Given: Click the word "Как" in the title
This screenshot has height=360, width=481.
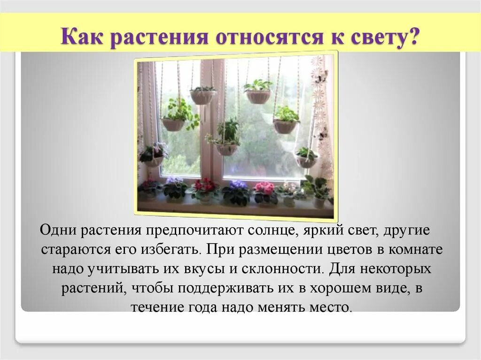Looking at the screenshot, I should pyautogui.click(x=83, y=36).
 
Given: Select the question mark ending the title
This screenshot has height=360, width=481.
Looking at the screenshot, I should pyautogui.click(x=413, y=36).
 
